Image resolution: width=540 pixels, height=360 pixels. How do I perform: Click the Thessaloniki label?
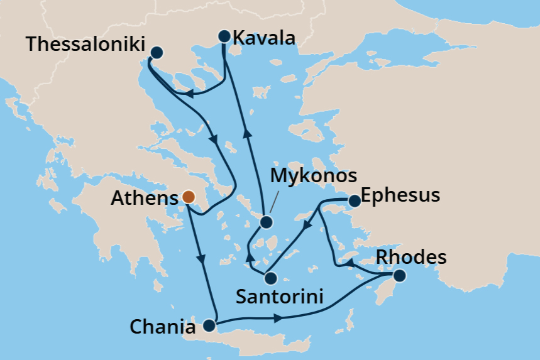(85, 45)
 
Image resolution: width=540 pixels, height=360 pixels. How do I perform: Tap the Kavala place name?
(263, 38)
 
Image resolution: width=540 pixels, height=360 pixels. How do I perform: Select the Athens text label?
(144, 199)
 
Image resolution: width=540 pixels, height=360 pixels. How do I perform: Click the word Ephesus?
(401, 195)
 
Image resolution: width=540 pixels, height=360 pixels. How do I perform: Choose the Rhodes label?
(411, 257)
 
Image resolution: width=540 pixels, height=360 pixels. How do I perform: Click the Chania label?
(163, 327)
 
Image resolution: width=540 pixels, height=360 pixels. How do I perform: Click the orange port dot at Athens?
(188, 197)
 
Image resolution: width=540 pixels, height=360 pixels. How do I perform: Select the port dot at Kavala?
(224, 36)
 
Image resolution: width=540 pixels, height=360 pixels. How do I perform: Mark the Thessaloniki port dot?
(157, 53)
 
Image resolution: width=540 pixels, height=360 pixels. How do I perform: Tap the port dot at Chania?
(209, 326)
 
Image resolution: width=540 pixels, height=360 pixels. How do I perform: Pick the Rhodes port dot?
(399, 275)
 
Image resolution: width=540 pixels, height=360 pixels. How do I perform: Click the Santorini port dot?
(270, 277)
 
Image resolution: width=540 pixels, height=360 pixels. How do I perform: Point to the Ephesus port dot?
(355, 201)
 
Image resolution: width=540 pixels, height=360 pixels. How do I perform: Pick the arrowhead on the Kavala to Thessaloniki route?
(188, 94)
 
